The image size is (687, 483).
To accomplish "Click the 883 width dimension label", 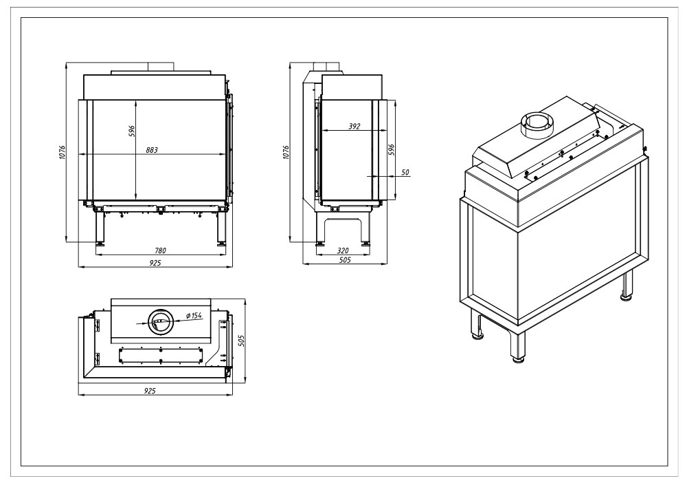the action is (x=152, y=150).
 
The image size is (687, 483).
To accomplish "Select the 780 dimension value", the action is (x=161, y=250).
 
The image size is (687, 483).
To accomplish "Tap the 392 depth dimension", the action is (x=354, y=127).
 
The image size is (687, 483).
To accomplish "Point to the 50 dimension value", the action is (x=405, y=173).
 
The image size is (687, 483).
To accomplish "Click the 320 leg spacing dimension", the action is (x=343, y=250).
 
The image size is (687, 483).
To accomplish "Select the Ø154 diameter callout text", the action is (x=193, y=315).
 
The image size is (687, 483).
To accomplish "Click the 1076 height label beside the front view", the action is (x=63, y=152).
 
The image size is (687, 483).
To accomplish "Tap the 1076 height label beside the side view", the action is (x=286, y=152).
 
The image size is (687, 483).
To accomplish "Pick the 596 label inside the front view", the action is (x=132, y=131).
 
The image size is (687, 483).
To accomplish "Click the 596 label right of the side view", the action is (x=392, y=149).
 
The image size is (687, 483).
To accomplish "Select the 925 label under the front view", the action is (x=155, y=263).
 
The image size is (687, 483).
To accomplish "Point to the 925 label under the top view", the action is (x=150, y=390).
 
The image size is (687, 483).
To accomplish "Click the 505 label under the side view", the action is (x=346, y=259).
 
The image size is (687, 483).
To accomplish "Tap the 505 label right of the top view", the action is (x=241, y=341).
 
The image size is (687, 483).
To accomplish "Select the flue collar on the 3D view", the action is (x=537, y=125).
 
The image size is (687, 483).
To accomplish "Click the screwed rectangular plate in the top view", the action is (x=161, y=355).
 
